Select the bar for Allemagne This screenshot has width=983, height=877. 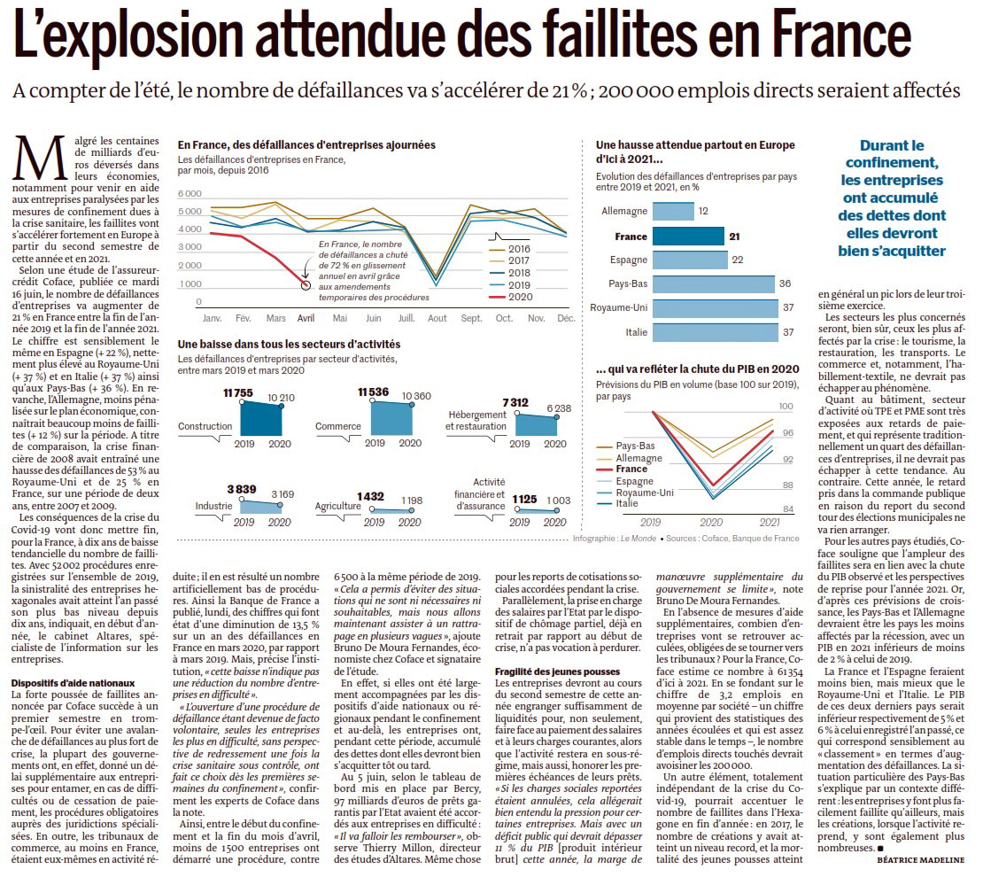[673, 212]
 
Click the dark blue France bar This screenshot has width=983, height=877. [688, 236]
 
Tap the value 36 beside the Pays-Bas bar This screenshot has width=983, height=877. [785, 283]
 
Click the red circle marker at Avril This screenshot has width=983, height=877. [306, 285]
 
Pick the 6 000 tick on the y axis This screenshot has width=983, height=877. [190, 194]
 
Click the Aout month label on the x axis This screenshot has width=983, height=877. [437, 318]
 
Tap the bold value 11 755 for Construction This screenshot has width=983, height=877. [238, 393]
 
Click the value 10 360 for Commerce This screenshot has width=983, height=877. [416, 396]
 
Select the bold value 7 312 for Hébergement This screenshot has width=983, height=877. [515, 403]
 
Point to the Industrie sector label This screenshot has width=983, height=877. [213, 506]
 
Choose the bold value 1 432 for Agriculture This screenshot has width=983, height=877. [370, 497]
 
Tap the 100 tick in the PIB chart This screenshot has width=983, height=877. [786, 407]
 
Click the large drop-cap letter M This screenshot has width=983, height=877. [40, 158]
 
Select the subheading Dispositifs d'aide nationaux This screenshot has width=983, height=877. [73, 683]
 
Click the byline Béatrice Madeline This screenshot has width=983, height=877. [920, 860]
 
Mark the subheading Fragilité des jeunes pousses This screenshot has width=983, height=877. [557, 671]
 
